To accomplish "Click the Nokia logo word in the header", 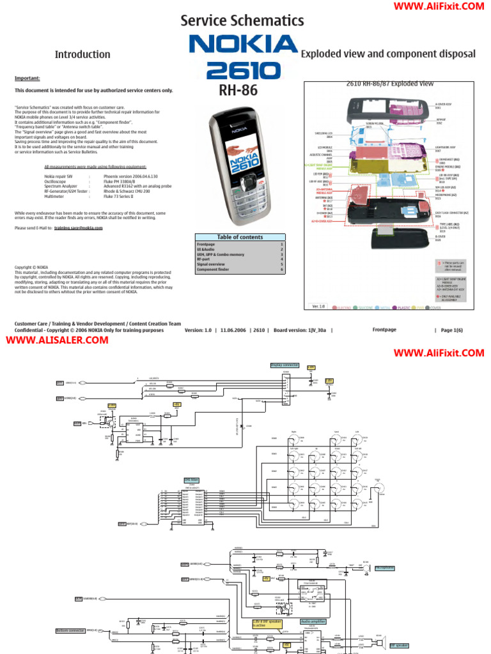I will tap(244, 45).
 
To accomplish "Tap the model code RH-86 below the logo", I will tap(238, 91).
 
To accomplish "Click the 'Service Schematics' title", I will tap(242, 20).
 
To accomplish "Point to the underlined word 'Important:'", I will tap(27, 78).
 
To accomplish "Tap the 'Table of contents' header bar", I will tap(240, 237).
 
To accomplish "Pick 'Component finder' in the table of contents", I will tap(212, 270).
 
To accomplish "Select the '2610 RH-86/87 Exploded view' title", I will tap(389, 84).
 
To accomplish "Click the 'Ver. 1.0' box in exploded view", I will tap(318, 307).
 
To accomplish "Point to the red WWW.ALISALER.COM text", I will tap(58, 340).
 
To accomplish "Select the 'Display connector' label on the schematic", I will tap(284, 365).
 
